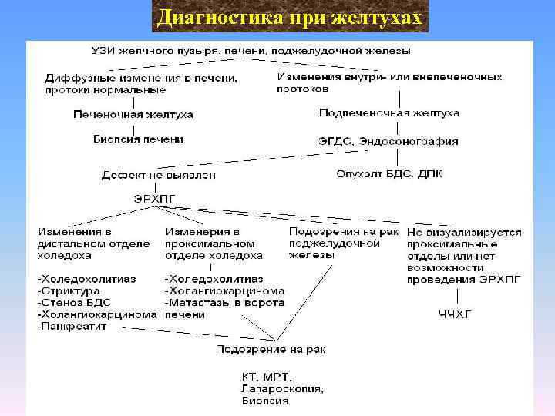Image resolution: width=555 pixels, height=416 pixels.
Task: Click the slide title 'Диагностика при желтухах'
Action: [289, 16]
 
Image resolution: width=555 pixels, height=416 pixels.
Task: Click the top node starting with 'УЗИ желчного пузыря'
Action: [251, 51]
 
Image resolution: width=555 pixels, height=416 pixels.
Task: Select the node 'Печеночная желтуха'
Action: [133, 114]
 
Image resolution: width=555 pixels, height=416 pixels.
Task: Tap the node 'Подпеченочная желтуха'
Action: [388, 112]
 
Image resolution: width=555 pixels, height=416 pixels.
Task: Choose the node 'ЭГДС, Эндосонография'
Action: [388, 141]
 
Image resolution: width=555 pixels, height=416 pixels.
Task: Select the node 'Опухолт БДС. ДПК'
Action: [389, 173]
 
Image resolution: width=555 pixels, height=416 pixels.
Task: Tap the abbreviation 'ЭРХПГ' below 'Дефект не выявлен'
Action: [155, 199]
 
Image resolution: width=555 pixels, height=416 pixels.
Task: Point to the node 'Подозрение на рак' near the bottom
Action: [271, 349]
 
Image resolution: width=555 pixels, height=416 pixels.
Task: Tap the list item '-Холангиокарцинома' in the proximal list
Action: [224, 290]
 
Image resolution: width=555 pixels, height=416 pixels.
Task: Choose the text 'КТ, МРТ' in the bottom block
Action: [265, 377]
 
